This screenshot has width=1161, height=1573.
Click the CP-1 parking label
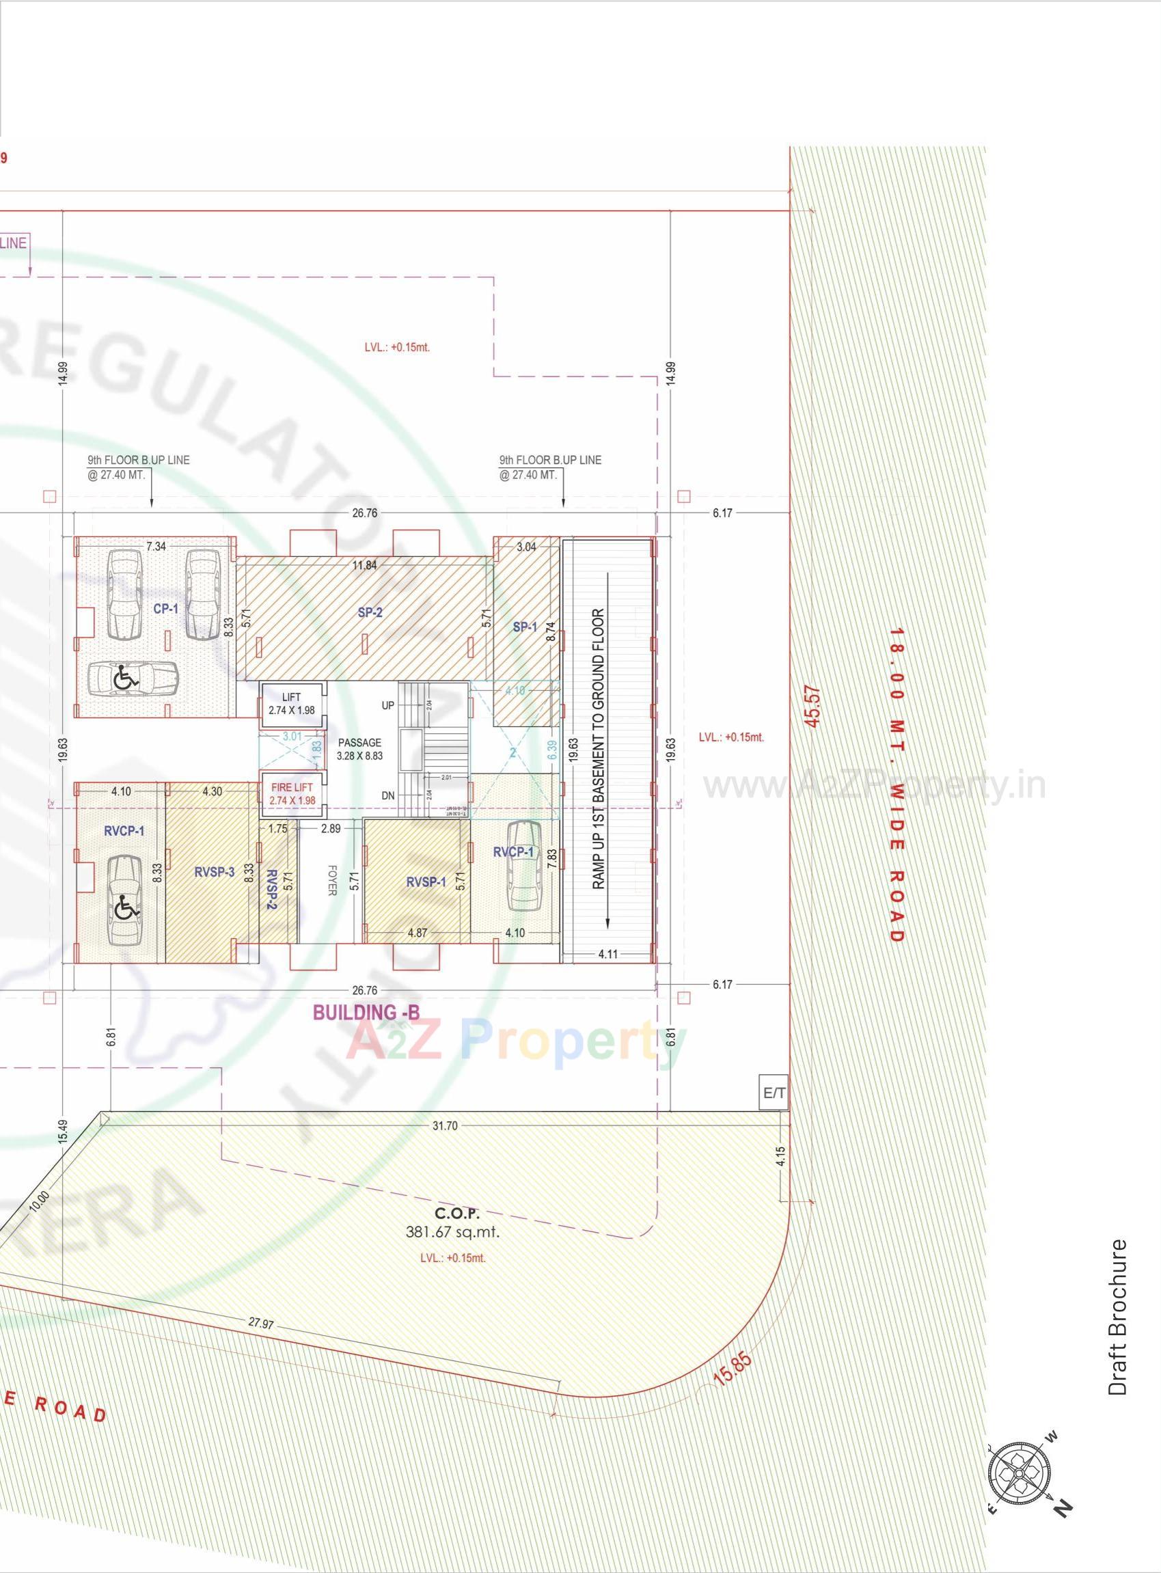165,609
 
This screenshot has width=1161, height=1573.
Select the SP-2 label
370,612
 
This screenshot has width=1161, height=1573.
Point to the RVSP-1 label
426,881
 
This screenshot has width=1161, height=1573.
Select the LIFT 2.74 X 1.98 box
292,705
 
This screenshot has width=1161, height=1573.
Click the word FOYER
331,879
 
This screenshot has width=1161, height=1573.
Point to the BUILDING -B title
366,1013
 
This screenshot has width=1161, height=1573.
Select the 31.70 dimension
444,1125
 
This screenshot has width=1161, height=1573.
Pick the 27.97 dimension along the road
261,1324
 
